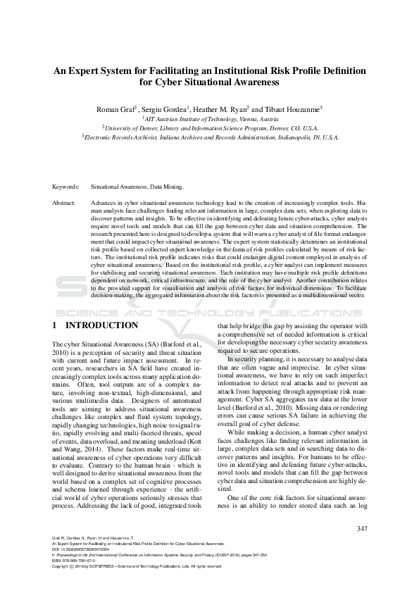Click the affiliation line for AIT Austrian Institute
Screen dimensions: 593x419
[x=209, y=120]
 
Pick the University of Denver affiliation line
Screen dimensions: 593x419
[x=209, y=129]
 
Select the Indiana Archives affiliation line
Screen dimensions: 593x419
[x=209, y=138]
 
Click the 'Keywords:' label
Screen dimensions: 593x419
[x=65, y=187]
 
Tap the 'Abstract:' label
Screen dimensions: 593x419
[x=64, y=203]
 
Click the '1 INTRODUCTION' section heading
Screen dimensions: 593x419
[x=95, y=325]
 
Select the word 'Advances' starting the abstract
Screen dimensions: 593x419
[x=103, y=203]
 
